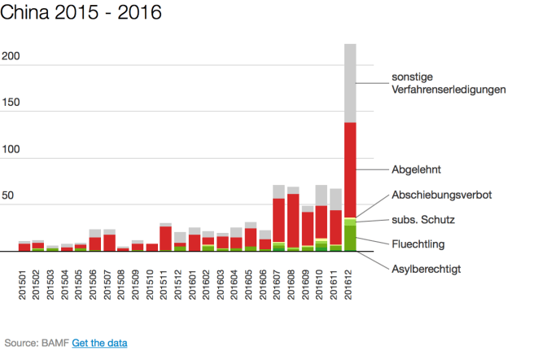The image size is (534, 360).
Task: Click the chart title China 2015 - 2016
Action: pyautogui.click(x=81, y=13)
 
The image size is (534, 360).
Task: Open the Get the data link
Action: pyautogui.click(x=99, y=343)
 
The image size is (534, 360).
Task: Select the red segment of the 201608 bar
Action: pyautogui.click(x=293, y=220)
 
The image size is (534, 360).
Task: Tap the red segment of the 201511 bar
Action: pyautogui.click(x=165, y=238)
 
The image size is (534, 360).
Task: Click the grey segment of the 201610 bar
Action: pyautogui.click(x=322, y=195)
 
